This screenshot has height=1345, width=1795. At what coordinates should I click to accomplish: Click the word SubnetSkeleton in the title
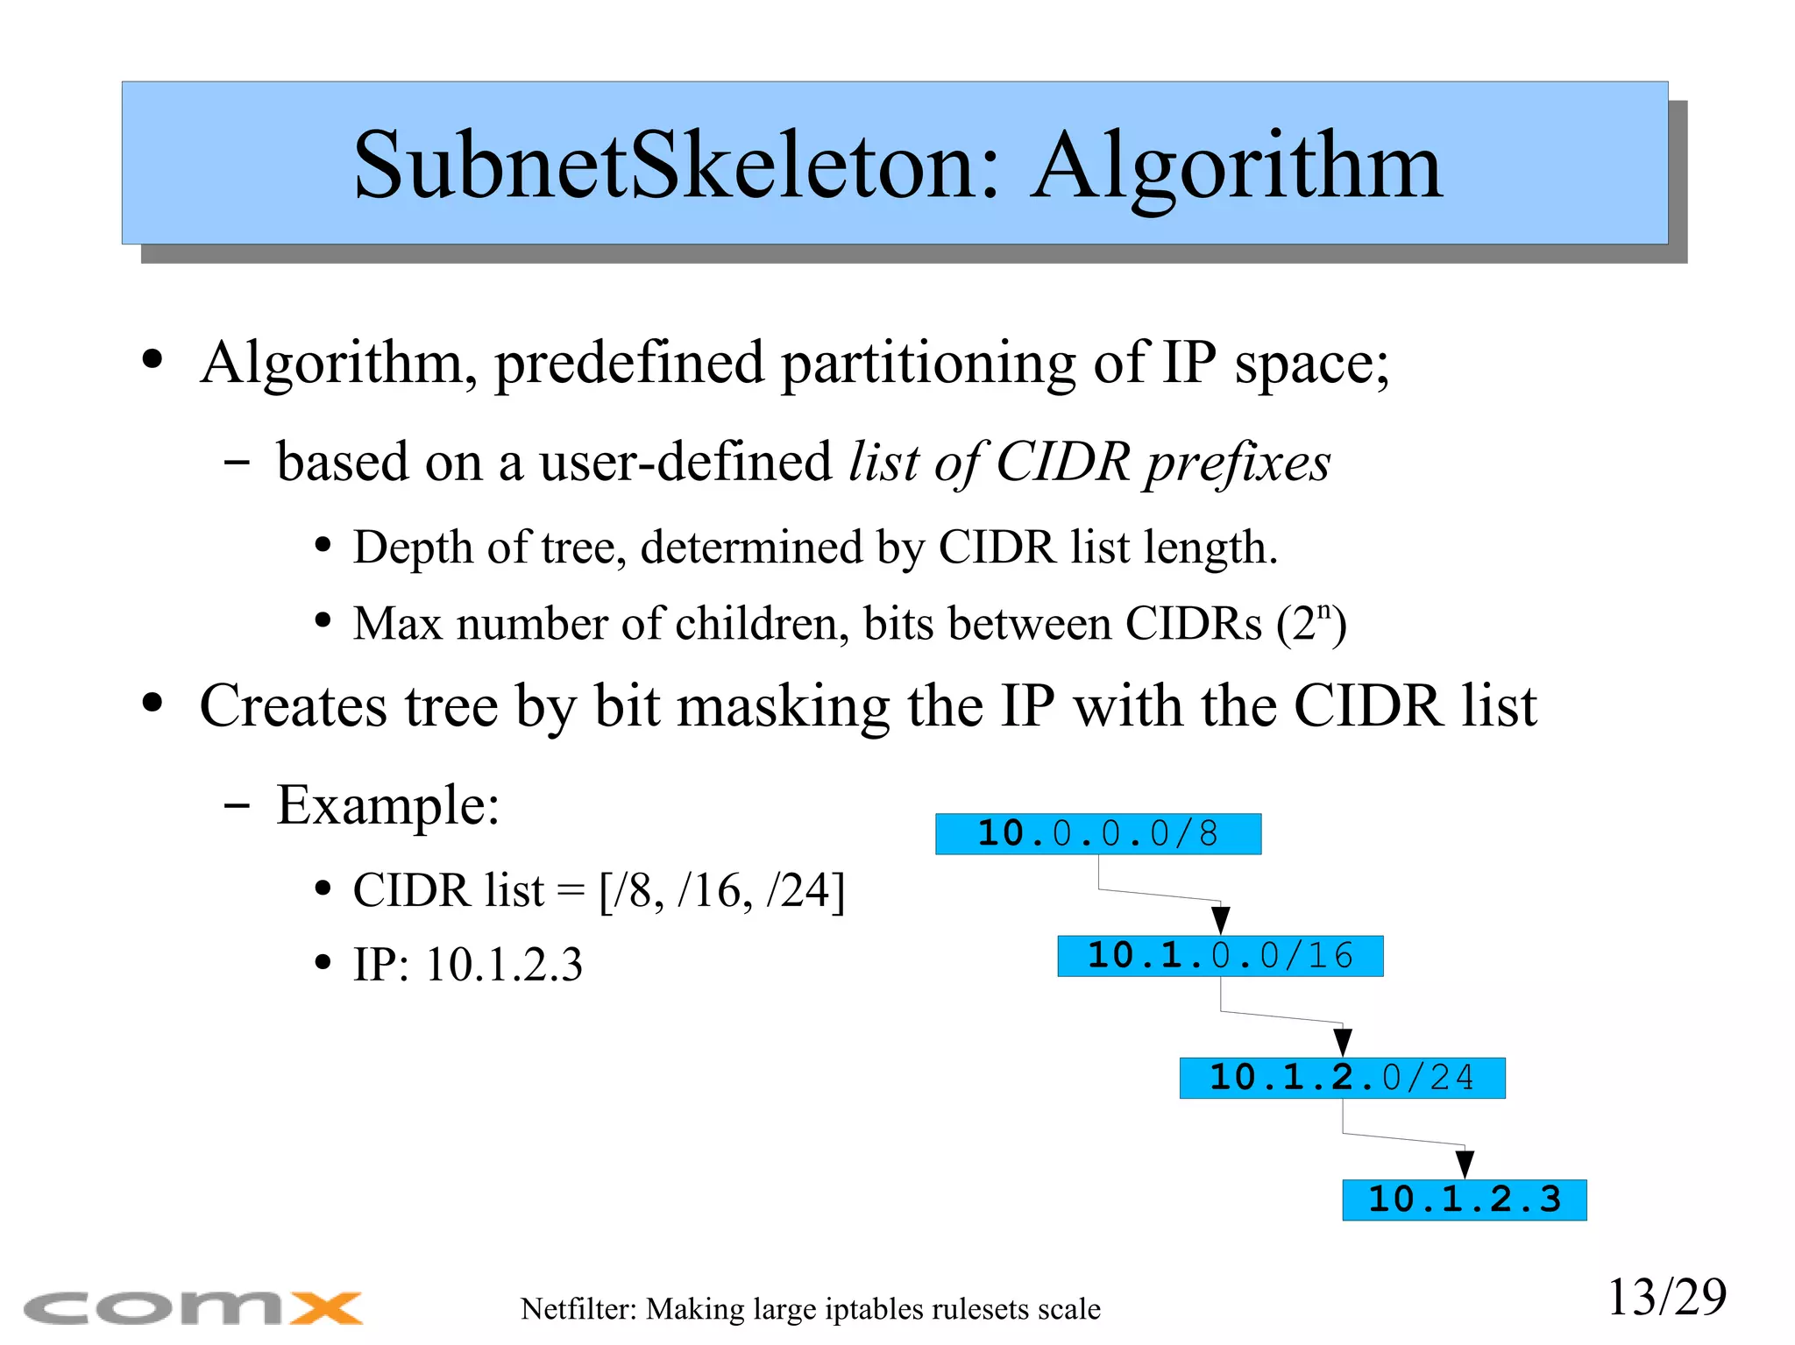676,166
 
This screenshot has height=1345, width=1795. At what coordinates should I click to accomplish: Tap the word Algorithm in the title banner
1236,166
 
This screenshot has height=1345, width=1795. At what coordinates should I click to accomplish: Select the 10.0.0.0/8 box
1097,833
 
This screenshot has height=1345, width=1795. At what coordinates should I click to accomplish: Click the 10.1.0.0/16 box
1220,955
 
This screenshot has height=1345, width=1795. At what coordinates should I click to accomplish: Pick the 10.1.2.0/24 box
1342,1077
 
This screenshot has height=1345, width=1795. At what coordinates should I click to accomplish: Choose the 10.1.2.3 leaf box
1464,1199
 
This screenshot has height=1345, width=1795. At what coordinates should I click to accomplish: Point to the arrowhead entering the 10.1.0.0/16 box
1220,920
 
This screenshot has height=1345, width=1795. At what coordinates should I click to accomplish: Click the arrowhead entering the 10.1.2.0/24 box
1342,1042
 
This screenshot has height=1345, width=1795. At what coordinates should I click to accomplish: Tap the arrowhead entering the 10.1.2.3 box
1464,1164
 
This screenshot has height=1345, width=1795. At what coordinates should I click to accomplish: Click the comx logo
193,1308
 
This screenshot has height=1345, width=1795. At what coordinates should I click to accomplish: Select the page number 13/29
1666,1297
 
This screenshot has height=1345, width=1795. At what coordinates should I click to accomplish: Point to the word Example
387,804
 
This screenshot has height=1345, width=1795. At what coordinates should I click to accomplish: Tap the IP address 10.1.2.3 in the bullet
504,965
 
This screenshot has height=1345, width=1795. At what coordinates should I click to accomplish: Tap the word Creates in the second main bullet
293,706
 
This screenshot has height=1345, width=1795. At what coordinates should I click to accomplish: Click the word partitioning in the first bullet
928,362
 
